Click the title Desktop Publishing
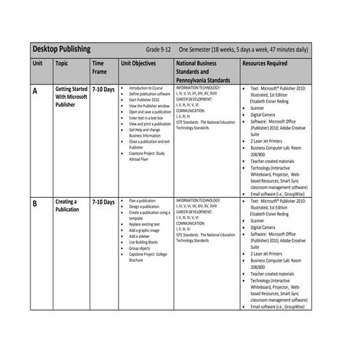tap(62, 49)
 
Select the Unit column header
tap(38, 63)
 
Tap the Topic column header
tap(63, 63)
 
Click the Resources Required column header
tap(268, 63)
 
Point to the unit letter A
tap(36, 91)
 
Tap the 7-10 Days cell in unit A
tap(103, 89)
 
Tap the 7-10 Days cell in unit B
tap(103, 200)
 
